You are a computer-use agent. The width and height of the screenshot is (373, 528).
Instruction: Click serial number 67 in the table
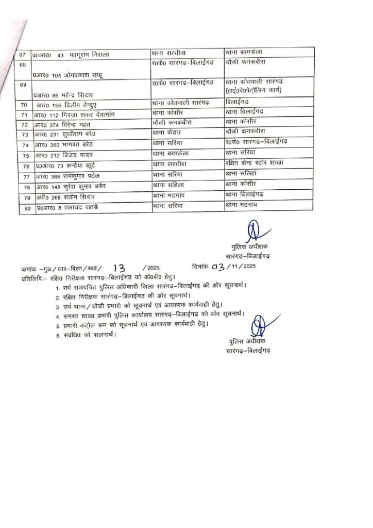(x=23, y=54)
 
